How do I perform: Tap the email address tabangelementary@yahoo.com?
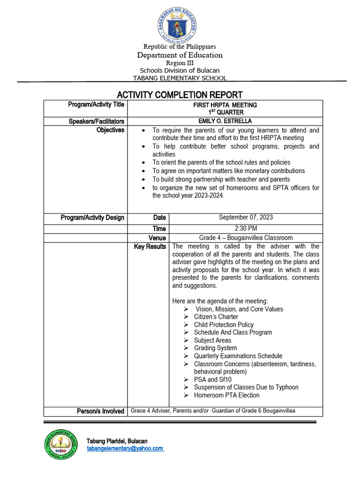click(x=125, y=449)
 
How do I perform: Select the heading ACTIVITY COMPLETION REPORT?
click(x=180, y=95)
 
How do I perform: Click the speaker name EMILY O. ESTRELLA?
click(x=225, y=121)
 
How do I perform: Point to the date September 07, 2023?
click(x=246, y=217)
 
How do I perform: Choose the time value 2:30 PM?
click(x=246, y=229)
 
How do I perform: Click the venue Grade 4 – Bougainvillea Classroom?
click(x=246, y=238)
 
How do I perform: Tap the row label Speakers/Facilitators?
click(x=97, y=121)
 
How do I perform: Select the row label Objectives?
click(x=110, y=130)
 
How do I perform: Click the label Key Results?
click(x=150, y=247)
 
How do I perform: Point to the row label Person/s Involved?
click(x=101, y=411)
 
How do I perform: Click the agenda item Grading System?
click(x=215, y=348)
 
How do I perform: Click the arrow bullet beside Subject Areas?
click(x=186, y=340)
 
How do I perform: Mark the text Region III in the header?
click(x=180, y=63)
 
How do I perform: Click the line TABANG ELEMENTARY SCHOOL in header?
click(x=180, y=78)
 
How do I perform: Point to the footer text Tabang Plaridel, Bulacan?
click(x=117, y=441)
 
